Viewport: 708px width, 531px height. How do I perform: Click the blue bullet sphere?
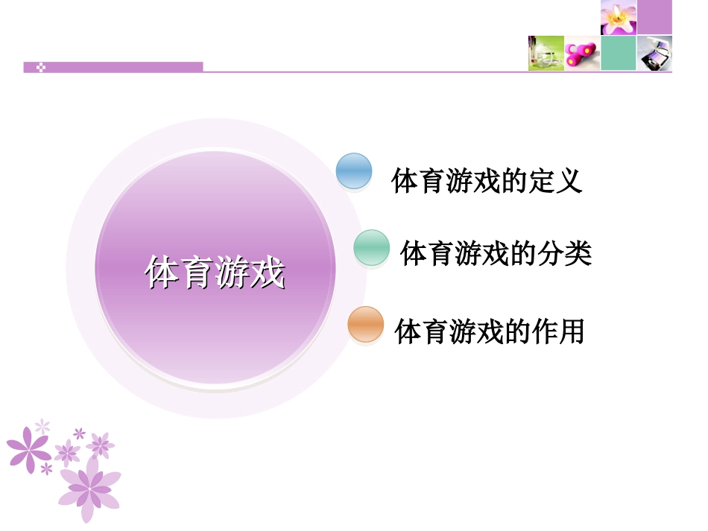[354, 171]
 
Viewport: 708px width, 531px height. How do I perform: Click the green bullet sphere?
[371, 248]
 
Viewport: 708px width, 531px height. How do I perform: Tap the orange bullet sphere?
[365, 325]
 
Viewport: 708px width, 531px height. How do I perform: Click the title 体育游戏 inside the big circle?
[215, 273]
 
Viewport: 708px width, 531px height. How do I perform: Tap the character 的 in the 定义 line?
[513, 181]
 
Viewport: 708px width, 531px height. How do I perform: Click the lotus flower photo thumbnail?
[619, 17]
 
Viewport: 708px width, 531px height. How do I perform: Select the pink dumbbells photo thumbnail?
[582, 54]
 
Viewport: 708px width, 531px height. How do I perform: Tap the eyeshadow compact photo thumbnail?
[655, 54]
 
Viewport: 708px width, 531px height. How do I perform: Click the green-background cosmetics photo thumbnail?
[546, 54]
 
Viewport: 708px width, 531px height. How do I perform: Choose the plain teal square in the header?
[619, 54]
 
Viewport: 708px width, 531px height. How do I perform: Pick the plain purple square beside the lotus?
[655, 17]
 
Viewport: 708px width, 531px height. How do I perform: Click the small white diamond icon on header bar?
[42, 67]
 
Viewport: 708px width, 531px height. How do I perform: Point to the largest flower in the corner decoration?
[89, 488]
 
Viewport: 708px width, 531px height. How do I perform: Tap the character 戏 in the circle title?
[268, 273]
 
